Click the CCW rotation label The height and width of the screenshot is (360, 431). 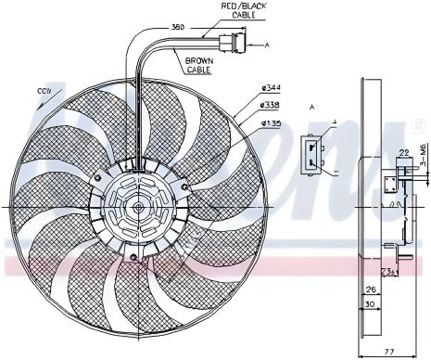coord(44,91)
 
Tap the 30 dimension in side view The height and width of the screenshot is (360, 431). coord(369,304)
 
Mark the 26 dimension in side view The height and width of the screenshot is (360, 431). coord(368,289)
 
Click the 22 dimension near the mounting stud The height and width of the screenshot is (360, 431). coord(402,154)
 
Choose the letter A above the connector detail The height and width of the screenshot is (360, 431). coord(311,106)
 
